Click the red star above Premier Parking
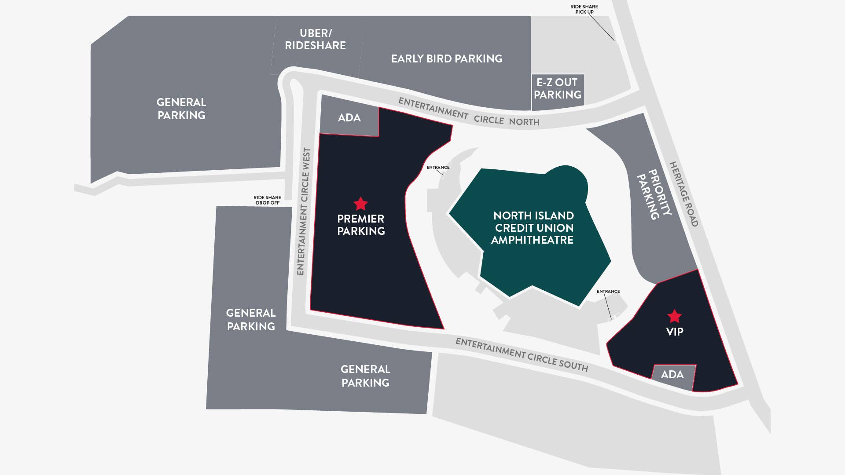(x=360, y=204)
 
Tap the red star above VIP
(x=674, y=316)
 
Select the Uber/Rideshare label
(x=315, y=40)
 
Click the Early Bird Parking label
(x=447, y=59)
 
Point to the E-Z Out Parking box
(x=558, y=89)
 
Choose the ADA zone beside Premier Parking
(x=349, y=118)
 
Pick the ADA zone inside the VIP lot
(x=672, y=375)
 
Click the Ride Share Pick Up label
(x=584, y=9)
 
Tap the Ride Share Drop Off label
(x=267, y=200)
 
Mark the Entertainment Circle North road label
(x=468, y=113)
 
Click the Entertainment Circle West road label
(x=304, y=212)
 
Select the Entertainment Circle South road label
(x=522, y=354)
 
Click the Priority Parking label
(x=654, y=194)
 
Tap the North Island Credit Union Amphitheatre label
(x=533, y=228)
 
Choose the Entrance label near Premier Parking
(x=438, y=168)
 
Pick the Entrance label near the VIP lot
(x=608, y=292)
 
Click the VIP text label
(x=675, y=332)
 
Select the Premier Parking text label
(x=361, y=225)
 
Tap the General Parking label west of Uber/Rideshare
(x=181, y=109)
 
